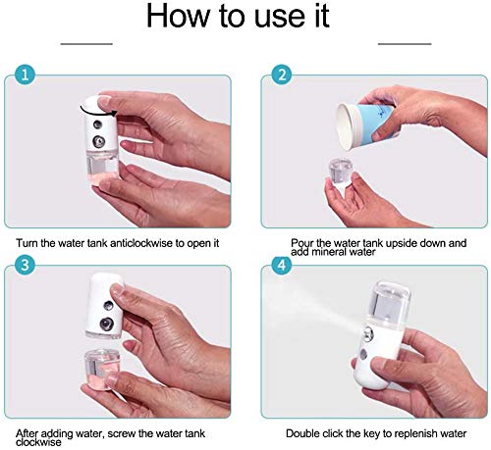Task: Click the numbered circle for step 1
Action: point(25,75)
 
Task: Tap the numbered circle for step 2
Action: point(282,75)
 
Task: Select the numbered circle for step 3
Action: point(25,265)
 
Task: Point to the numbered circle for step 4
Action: point(282,265)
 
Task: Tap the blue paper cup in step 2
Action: point(366,125)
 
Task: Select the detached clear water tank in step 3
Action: point(101,370)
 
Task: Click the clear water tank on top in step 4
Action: point(390,301)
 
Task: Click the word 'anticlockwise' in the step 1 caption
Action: point(140,243)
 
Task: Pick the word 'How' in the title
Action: point(178,16)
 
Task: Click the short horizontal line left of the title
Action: point(86,43)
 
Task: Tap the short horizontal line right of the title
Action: point(405,43)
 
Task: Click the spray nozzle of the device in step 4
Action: point(367,334)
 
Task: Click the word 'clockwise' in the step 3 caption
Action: point(38,442)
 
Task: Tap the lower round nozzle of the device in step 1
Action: point(98,141)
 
